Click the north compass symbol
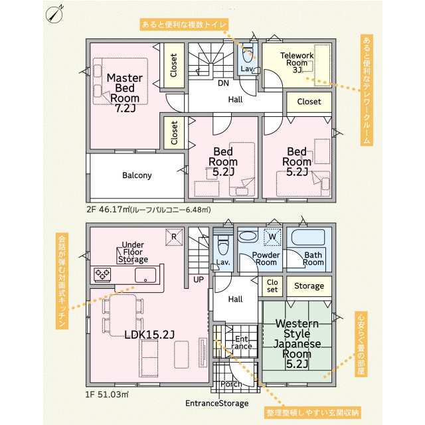tap(54, 15)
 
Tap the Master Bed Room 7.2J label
tap(125, 93)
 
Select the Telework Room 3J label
tap(297, 62)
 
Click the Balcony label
tap(137, 175)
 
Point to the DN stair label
tap(223, 83)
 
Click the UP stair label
tap(199, 280)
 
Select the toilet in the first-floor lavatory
tap(223, 244)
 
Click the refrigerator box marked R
tap(174, 237)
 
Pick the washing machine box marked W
tap(272, 237)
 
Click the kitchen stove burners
tap(102, 274)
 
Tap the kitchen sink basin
tap(145, 276)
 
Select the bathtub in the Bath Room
tap(308, 237)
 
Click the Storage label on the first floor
tap(309, 286)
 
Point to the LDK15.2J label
tap(149, 335)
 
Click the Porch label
tap(231, 384)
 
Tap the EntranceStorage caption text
tap(217, 403)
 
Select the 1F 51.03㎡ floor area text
tap(107, 394)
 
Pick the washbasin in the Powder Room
tap(248, 236)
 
